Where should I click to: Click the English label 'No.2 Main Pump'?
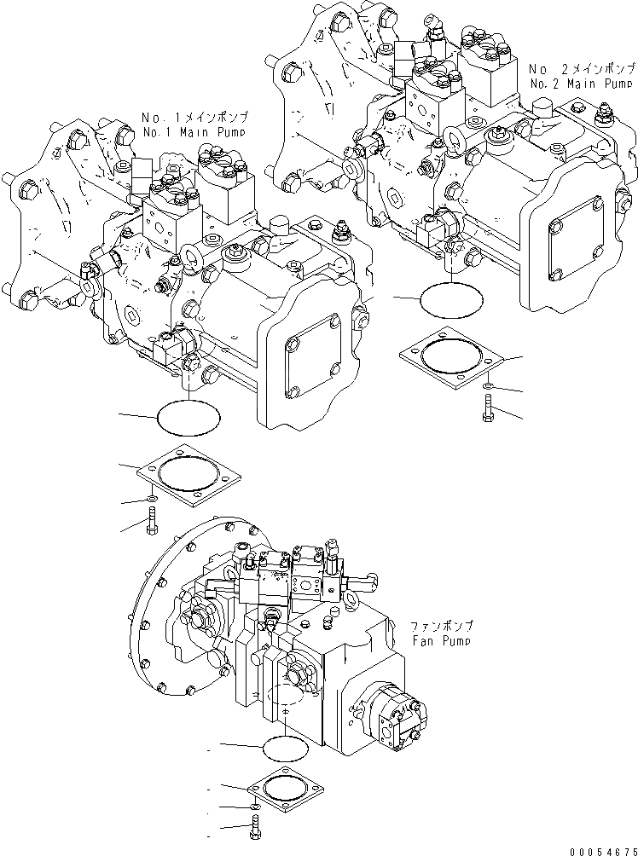(581, 84)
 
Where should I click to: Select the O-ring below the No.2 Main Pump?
(450, 298)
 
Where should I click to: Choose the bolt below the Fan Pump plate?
(255, 825)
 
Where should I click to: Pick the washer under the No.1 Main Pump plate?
(150, 500)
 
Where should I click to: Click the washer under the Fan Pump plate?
(255, 806)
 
